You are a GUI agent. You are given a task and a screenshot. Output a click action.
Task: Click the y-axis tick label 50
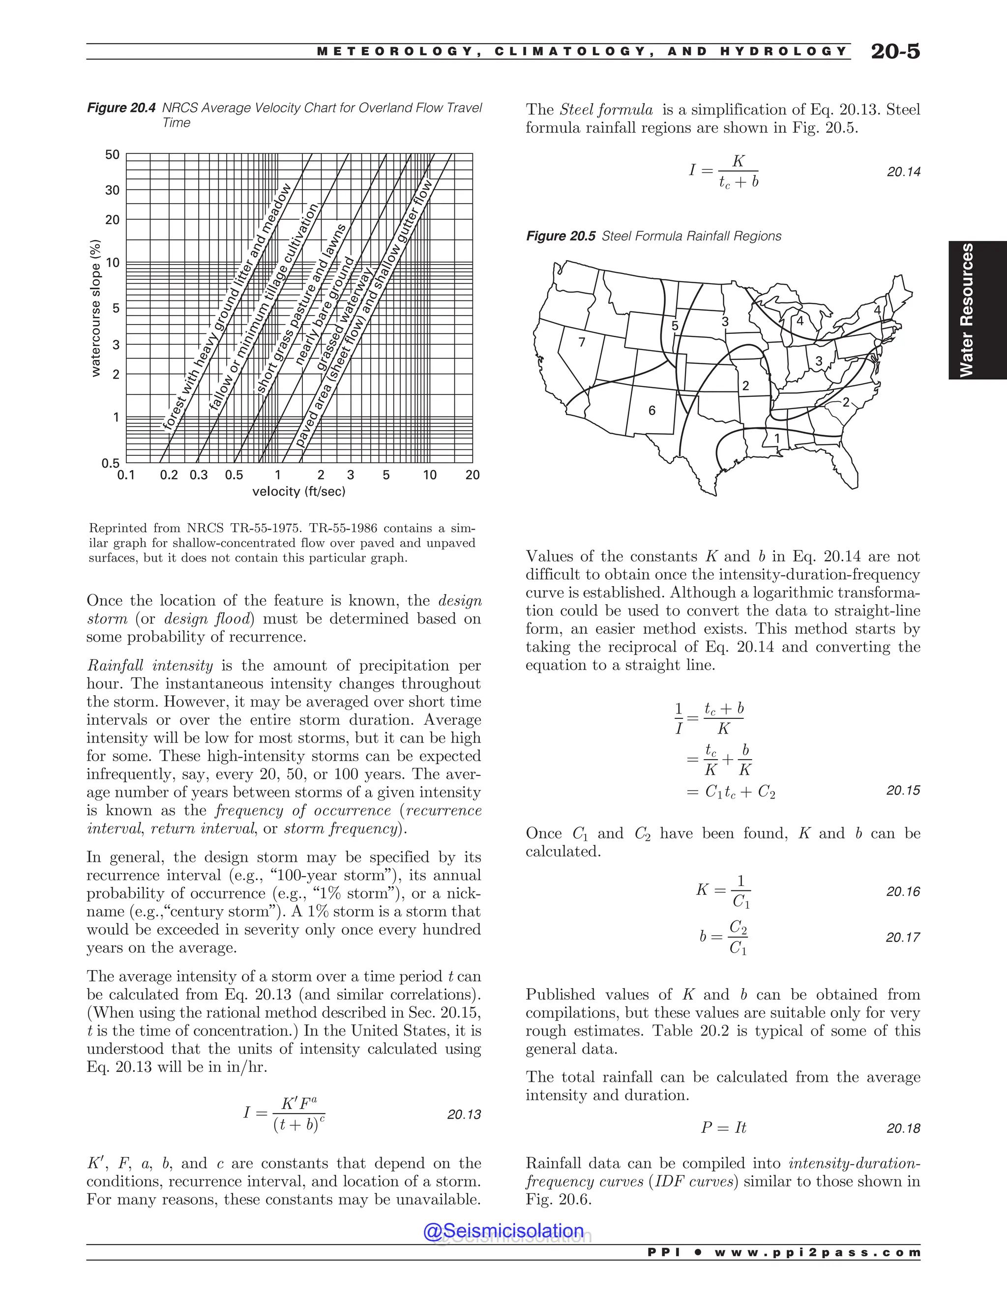112,155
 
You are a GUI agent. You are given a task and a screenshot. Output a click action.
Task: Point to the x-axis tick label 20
473,475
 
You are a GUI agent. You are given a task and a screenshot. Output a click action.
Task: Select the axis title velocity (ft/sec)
299,492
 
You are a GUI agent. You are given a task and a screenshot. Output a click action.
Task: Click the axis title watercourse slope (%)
95,308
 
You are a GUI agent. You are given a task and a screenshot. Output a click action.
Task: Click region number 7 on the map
582,342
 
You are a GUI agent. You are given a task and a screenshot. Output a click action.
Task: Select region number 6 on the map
652,411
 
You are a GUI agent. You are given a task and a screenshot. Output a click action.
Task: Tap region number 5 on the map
675,326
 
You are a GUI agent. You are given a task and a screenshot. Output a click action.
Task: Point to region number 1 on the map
777,439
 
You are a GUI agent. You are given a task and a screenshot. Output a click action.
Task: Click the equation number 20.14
903,172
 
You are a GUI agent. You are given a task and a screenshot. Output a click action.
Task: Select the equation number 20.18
903,1128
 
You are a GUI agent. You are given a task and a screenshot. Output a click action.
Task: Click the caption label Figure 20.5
560,236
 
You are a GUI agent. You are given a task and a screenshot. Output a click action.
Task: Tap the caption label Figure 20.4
121,108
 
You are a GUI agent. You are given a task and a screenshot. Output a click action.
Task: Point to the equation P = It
723,1127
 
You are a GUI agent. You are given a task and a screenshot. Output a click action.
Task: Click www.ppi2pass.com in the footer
817,1269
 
